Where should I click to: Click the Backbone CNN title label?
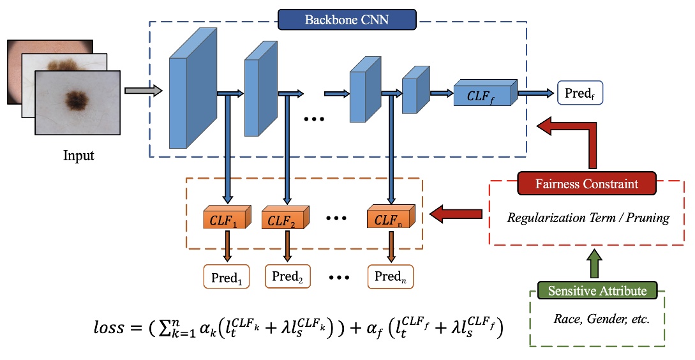347,19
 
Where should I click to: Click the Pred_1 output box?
227,277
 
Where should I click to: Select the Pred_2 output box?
287,276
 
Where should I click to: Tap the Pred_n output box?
391,276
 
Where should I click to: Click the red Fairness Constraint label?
587,184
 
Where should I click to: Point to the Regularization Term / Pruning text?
588,218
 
